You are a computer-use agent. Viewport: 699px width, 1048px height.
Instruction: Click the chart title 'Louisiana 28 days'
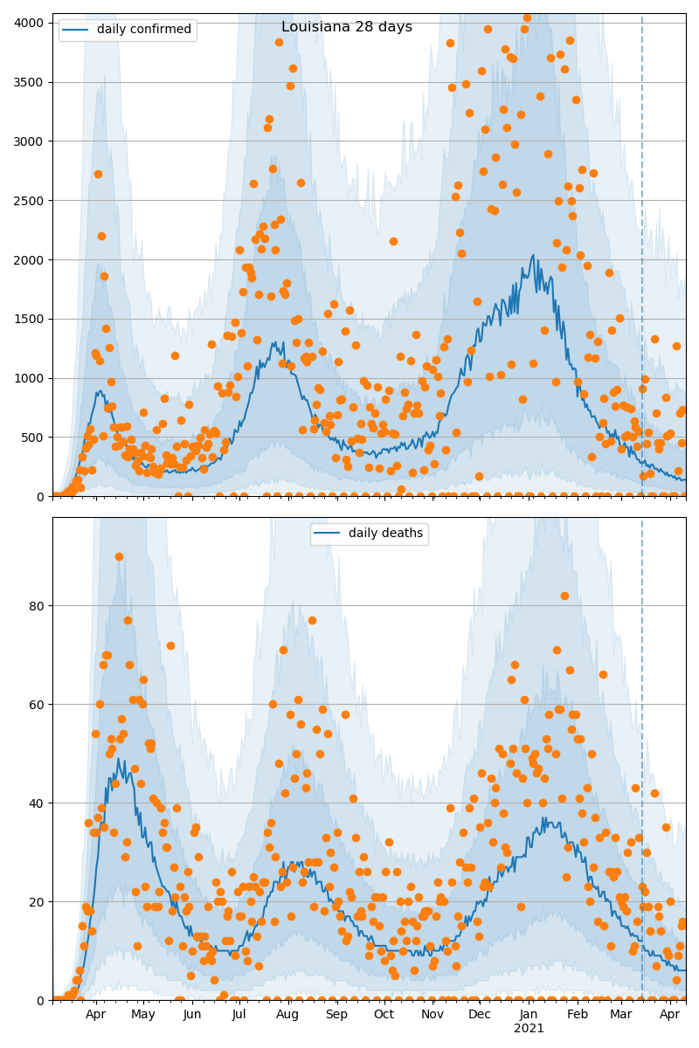click(347, 27)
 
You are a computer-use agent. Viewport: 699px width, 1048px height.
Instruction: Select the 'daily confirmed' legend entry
click(143, 30)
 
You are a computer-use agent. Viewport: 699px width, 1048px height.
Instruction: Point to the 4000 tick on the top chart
click(32, 23)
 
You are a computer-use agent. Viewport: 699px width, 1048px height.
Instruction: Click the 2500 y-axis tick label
click(32, 200)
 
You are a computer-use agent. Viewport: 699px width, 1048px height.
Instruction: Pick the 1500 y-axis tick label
click(32, 319)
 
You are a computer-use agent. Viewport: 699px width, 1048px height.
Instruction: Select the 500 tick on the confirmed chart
click(36, 437)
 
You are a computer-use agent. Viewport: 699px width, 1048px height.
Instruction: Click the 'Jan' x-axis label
click(529, 1015)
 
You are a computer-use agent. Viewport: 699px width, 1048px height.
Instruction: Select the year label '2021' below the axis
click(529, 1029)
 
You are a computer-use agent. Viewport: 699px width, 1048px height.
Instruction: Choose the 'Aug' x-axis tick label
click(287, 1015)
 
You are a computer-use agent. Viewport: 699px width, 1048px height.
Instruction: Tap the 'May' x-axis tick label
click(143, 1015)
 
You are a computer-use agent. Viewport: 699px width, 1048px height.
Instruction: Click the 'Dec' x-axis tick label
click(480, 1015)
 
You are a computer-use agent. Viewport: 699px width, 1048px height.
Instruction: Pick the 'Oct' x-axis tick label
click(384, 1015)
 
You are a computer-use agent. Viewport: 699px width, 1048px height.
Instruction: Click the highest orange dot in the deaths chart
click(119, 556)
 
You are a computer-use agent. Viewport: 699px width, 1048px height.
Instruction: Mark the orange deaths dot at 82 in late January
click(564, 596)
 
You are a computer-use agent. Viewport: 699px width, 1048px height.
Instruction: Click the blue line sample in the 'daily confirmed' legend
click(75, 30)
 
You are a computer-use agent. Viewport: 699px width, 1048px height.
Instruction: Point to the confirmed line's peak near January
click(535, 256)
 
